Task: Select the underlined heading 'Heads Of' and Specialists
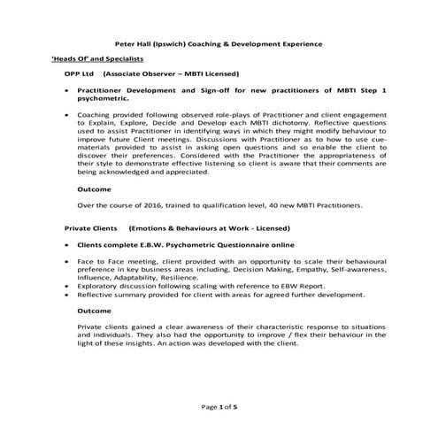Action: point(96,58)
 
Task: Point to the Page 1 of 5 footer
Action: point(219,405)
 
